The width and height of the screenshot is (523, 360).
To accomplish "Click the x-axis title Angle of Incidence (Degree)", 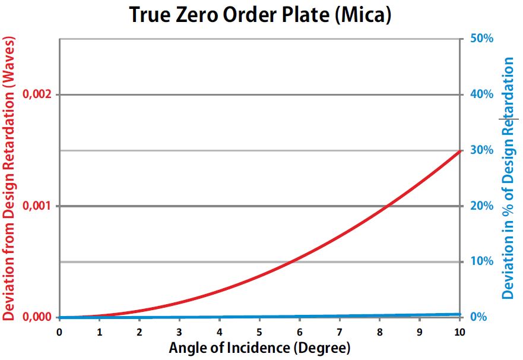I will click(259, 348).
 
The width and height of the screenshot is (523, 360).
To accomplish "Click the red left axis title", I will click(9, 178).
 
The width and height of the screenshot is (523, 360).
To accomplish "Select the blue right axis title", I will click(509, 178).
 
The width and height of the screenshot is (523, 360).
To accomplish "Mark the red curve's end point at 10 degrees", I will click(459, 151).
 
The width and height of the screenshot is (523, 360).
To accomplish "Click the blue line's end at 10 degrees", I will click(459, 314).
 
